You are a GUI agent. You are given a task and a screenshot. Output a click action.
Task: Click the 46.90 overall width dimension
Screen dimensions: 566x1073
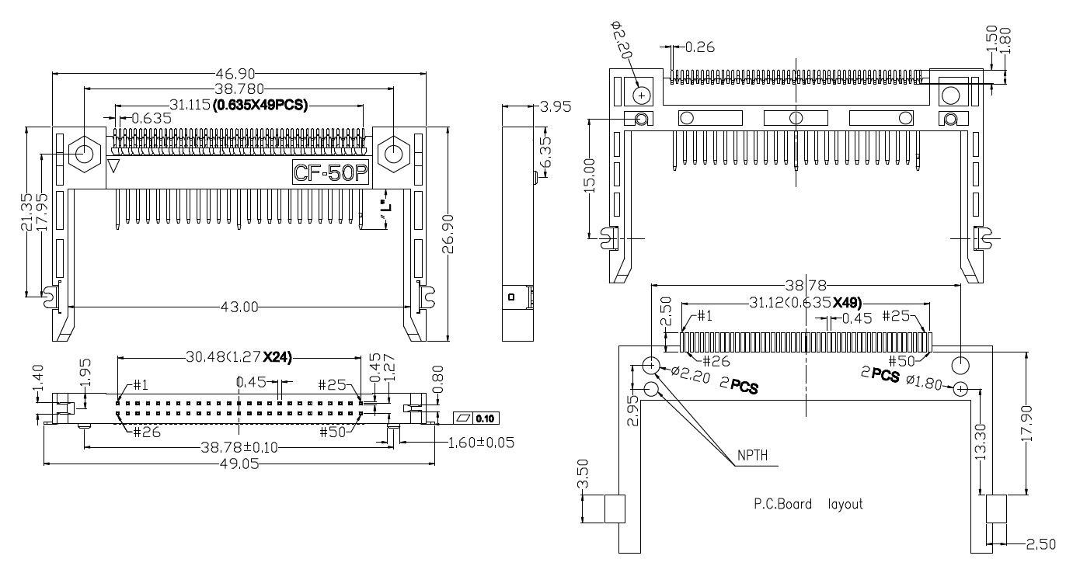[239, 74]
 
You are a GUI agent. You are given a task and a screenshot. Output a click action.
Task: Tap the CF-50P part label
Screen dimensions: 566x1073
[329, 172]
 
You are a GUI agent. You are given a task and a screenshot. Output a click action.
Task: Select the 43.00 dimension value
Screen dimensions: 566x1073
[239, 307]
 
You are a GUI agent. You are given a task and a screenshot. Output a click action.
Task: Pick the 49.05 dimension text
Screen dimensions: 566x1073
[239, 464]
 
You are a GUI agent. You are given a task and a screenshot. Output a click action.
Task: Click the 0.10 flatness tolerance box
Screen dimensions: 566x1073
[476, 418]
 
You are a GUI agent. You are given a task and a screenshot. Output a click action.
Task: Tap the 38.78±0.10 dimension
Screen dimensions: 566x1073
[239, 448]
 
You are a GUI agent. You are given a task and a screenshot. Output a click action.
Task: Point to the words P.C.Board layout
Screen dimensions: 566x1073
[808, 504]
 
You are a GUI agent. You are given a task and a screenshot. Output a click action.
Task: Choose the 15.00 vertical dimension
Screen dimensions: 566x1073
[590, 176]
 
